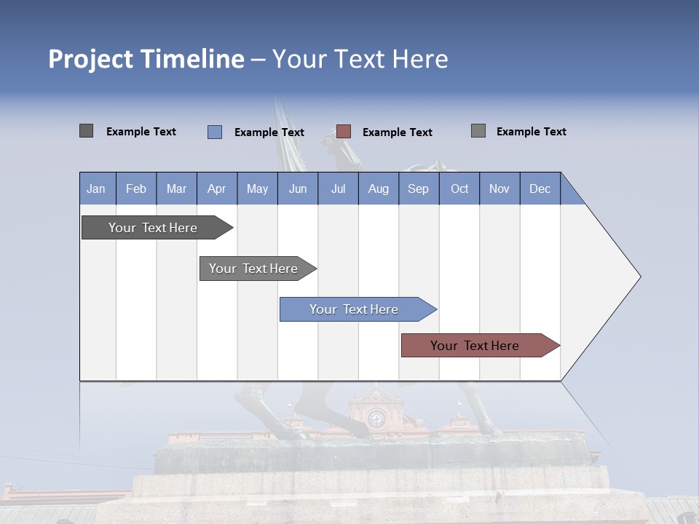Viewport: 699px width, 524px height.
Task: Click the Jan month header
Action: click(x=96, y=188)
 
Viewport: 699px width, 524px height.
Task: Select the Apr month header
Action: click(x=216, y=188)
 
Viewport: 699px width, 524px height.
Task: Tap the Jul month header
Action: click(x=338, y=188)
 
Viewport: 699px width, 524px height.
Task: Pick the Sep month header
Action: click(x=418, y=188)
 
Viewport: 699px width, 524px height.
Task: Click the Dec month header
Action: click(x=540, y=188)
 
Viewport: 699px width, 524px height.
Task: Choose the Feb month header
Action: click(x=136, y=188)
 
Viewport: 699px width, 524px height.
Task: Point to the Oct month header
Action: click(x=459, y=188)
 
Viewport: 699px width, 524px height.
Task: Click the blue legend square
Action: click(x=215, y=132)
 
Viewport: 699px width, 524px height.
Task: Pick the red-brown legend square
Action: click(x=344, y=132)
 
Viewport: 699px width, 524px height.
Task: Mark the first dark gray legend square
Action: click(x=86, y=131)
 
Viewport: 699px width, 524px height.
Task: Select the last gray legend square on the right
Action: click(x=478, y=131)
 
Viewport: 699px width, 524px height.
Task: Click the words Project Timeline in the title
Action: click(x=146, y=59)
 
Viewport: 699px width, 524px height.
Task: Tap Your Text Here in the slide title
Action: click(x=360, y=59)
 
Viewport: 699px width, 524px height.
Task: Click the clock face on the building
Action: click(x=376, y=418)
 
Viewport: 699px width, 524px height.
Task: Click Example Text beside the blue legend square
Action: click(x=269, y=132)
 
